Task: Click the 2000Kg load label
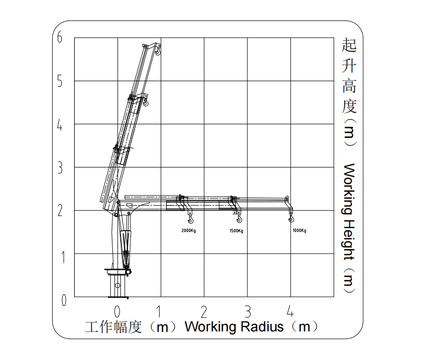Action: coord(189,231)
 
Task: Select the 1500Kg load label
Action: coord(236,231)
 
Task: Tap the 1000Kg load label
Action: coord(300,231)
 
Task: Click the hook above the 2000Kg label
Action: coord(191,219)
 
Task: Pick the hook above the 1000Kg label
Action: coord(291,218)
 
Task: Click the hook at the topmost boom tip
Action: coord(158,51)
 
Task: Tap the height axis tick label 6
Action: coord(60,37)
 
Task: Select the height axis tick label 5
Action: coord(60,81)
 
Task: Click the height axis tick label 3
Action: coord(60,167)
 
